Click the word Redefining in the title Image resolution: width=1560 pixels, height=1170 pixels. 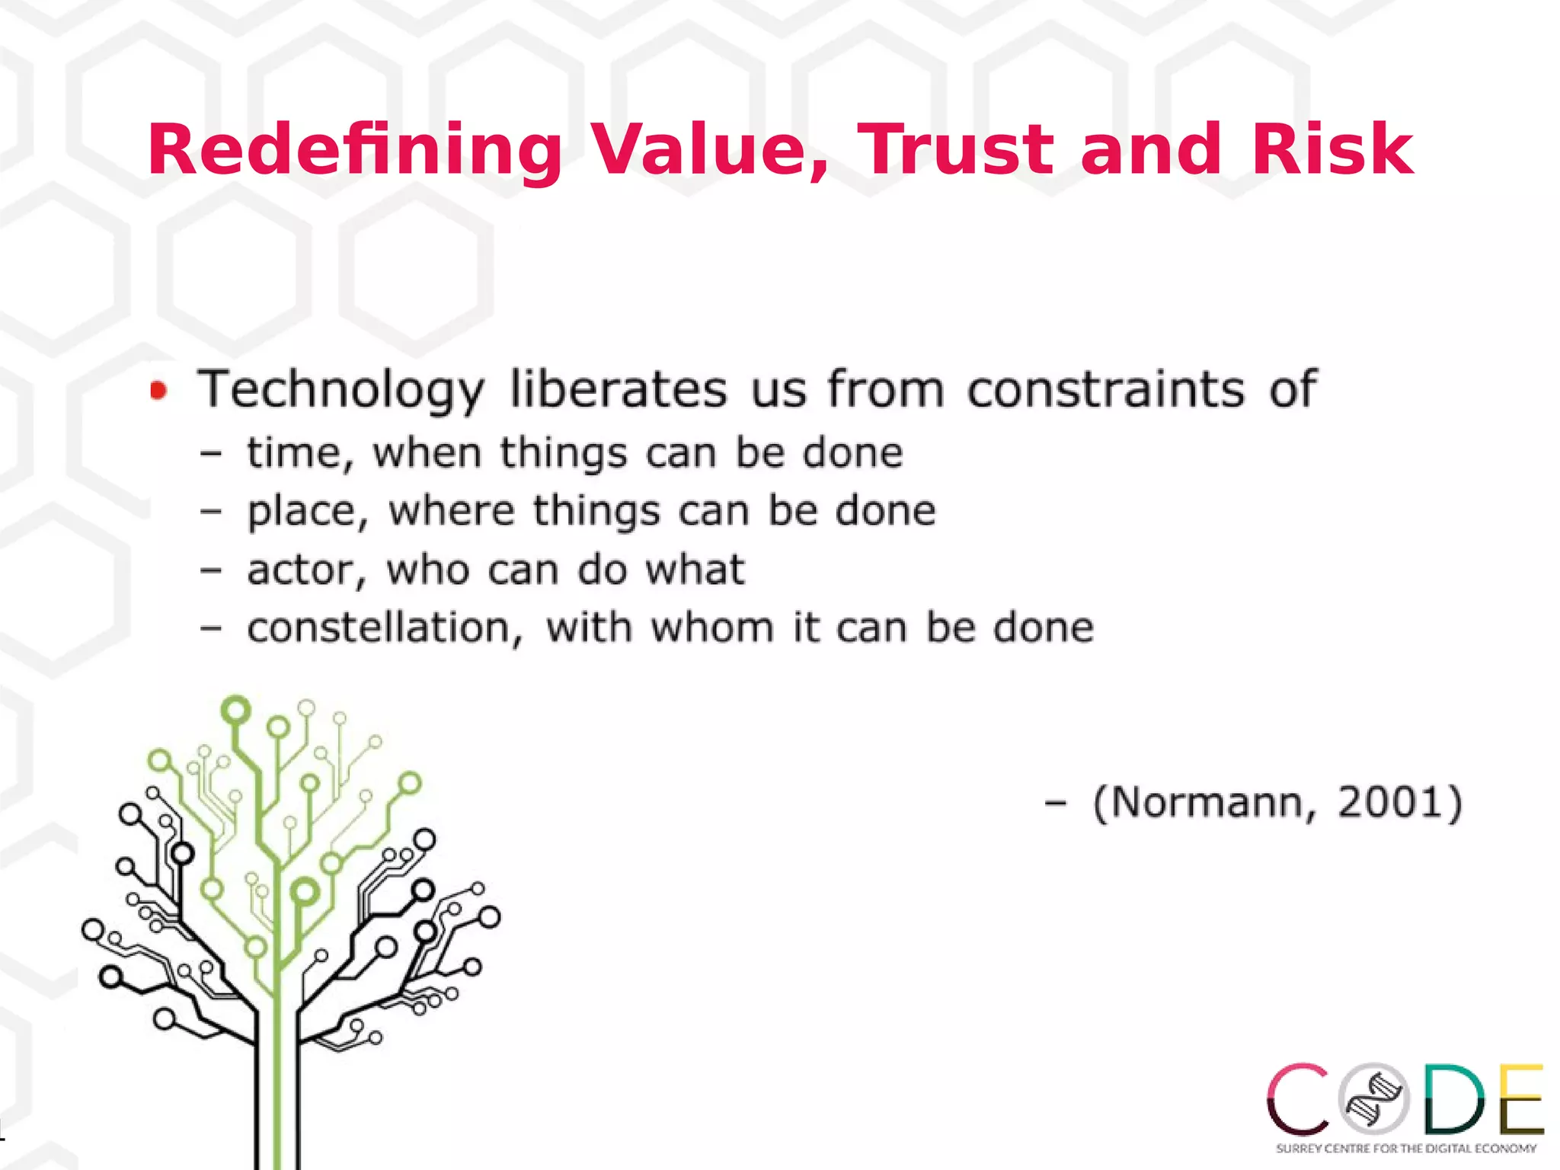tap(354, 150)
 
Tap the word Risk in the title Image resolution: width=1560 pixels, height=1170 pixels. tap(1332, 150)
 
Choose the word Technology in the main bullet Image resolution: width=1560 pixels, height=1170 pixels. tap(340, 390)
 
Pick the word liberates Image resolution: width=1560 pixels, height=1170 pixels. tap(618, 390)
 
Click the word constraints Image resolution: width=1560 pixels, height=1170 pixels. tap(1105, 390)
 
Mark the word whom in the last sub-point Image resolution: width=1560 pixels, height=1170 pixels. tap(711, 629)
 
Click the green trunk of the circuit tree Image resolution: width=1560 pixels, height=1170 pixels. tap(277, 1082)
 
